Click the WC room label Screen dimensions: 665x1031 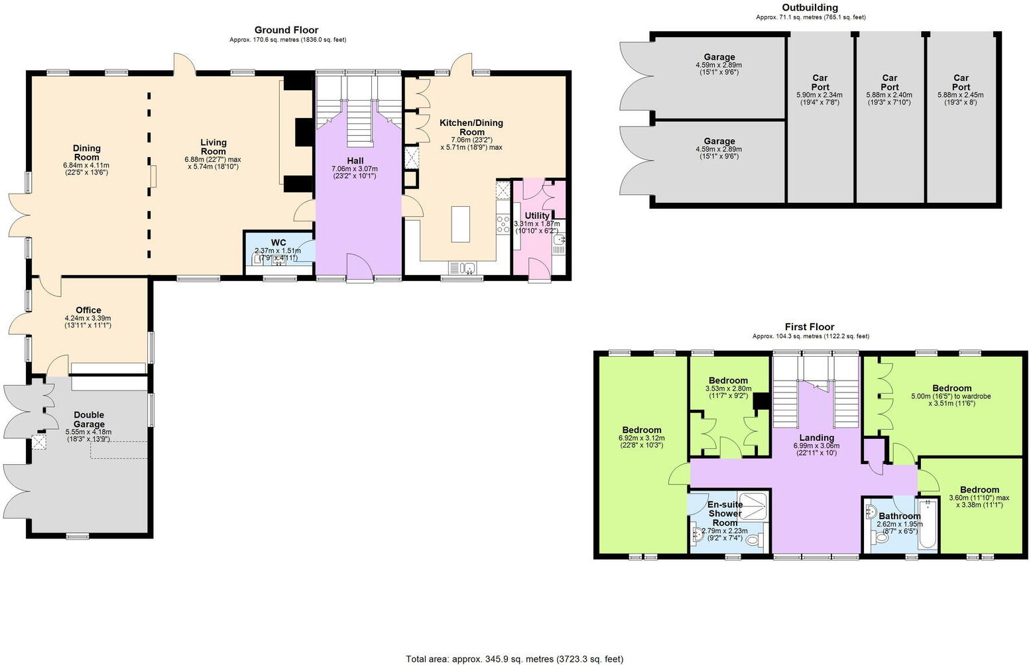(278, 242)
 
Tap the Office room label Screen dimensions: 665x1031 (88, 310)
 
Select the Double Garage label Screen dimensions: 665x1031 (89, 420)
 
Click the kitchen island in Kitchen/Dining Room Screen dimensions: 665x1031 (460, 224)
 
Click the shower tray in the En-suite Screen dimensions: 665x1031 (752, 506)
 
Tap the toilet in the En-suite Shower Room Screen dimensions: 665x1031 (753, 541)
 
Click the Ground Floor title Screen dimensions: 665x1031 (286, 30)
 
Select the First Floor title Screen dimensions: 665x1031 (810, 327)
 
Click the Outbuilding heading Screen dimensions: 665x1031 (810, 8)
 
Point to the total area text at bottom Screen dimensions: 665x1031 (515, 659)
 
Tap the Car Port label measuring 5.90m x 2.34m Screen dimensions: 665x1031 (820, 82)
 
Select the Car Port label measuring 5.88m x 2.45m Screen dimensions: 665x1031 (961, 82)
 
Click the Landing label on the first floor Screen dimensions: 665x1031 (816, 438)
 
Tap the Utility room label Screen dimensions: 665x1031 (537, 215)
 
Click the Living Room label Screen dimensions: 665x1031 (213, 147)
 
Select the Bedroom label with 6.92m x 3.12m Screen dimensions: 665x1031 (641, 430)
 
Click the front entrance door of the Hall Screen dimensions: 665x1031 (359, 269)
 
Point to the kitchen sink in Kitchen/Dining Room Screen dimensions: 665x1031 (469, 268)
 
